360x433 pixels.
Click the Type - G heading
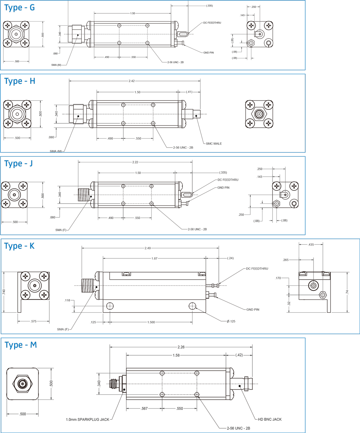tap(20, 7)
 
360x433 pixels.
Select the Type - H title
tap(20, 81)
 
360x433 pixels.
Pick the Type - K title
tap(20, 246)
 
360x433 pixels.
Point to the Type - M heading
tap(21, 345)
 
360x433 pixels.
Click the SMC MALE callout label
tap(214, 144)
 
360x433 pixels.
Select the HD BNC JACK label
tap(270, 419)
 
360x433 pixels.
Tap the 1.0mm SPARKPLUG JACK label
tap(88, 419)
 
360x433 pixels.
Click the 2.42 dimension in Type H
tap(132, 81)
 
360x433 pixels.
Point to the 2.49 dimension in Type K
tap(148, 248)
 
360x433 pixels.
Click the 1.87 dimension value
tap(154, 258)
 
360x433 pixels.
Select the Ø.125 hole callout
tap(231, 321)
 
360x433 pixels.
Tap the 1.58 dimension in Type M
tap(176, 355)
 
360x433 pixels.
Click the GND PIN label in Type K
tap(253, 310)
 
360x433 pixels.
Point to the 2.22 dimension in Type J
tap(135, 162)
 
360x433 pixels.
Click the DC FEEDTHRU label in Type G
tap(212, 23)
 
